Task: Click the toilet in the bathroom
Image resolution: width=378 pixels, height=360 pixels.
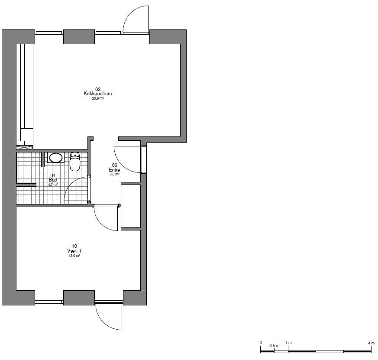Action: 75,161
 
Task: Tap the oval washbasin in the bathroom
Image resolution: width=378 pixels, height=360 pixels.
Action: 56,158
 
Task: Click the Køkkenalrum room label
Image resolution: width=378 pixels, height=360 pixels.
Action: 97,94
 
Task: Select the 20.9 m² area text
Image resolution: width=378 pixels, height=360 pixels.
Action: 97,98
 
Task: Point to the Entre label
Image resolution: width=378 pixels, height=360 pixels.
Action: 114,170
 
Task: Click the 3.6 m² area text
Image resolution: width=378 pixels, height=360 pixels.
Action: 114,174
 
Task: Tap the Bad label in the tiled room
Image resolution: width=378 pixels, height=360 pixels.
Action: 53,180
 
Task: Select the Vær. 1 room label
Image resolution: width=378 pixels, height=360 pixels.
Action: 74,251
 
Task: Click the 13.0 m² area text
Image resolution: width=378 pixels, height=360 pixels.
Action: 74,256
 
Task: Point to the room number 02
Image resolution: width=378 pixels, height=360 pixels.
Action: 97,89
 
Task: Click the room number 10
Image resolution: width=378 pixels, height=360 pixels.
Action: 74,246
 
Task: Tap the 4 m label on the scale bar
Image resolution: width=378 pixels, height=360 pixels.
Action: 371,343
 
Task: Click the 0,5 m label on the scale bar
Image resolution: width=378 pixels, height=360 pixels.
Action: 275,346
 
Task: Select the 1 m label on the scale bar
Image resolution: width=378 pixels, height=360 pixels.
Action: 288,343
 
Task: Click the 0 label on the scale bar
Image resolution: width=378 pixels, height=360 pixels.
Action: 261,343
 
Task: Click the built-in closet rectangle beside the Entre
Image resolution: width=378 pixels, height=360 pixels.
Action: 131,206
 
